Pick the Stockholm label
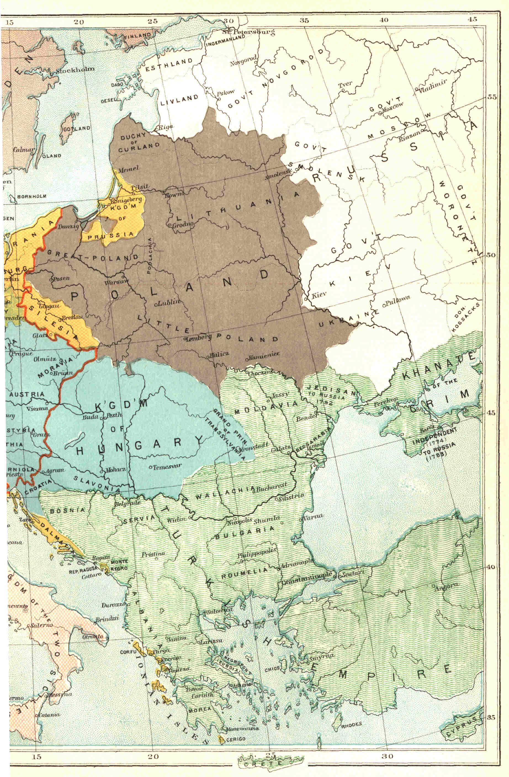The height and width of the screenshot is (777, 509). click(x=75, y=70)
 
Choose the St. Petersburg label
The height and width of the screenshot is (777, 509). click(x=248, y=32)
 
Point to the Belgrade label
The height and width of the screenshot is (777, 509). click(x=128, y=503)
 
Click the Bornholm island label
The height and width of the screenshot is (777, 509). click(x=32, y=196)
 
